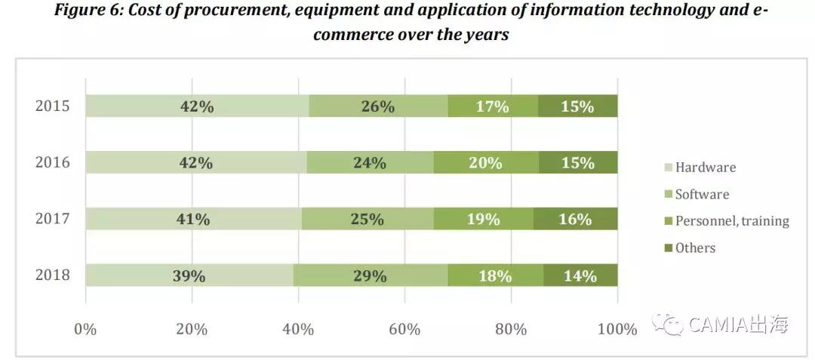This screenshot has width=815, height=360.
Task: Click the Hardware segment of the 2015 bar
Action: point(198,106)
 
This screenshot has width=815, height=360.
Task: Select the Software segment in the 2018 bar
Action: point(371,275)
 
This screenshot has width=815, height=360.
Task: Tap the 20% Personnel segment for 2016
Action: point(487,162)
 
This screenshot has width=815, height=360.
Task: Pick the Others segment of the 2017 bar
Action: point(575,219)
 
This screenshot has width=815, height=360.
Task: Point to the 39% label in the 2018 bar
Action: point(189,275)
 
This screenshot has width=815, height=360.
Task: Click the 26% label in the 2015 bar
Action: point(378,106)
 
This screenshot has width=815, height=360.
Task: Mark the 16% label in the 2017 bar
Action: point(575,219)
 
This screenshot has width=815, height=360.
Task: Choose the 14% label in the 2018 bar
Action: point(580,275)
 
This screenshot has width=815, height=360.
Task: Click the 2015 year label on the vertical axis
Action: point(53,106)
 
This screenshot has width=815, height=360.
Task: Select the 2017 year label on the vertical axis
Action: point(53,219)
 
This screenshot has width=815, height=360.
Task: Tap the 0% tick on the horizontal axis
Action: point(86,329)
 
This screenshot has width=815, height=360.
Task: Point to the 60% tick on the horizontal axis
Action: point(405,329)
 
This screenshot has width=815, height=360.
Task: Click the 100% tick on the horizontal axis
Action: point(617,329)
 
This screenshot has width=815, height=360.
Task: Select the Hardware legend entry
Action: point(701,168)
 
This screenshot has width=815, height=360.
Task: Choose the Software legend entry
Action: point(697,194)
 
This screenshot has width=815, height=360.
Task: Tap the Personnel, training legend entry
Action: point(727,221)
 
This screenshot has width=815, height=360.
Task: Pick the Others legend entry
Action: point(690,248)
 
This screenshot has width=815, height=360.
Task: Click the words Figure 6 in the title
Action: point(89,11)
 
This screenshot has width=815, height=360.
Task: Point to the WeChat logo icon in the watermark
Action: point(667,324)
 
